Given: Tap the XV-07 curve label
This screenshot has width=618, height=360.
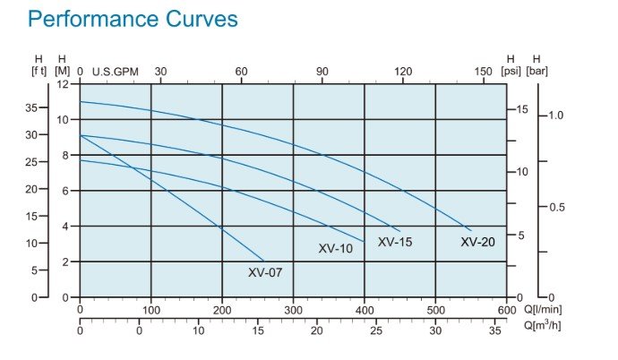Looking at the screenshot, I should point(265,272).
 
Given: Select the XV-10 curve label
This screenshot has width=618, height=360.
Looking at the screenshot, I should point(336,248).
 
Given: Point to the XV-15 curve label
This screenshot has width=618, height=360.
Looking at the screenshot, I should point(395,242).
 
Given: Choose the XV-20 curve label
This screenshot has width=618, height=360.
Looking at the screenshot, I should point(477,242).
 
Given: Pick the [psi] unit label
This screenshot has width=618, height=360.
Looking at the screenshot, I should point(511,71).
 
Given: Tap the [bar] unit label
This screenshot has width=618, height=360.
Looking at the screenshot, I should point(537,71).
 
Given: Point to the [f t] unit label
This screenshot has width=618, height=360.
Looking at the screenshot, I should point(39,71).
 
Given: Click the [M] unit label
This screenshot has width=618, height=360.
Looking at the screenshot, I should point(62,71).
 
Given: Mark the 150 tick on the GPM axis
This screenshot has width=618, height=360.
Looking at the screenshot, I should point(483,71).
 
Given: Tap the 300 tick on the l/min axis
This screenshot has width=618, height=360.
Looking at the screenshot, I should point(293,310).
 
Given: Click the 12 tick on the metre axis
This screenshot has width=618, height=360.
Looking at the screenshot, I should point(63,84).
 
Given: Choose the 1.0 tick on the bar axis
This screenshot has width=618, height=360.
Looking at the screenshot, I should point(557,116).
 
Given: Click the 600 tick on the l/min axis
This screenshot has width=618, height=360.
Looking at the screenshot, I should point(506,310).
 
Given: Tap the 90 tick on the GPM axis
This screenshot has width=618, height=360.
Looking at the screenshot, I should point(322,71).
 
